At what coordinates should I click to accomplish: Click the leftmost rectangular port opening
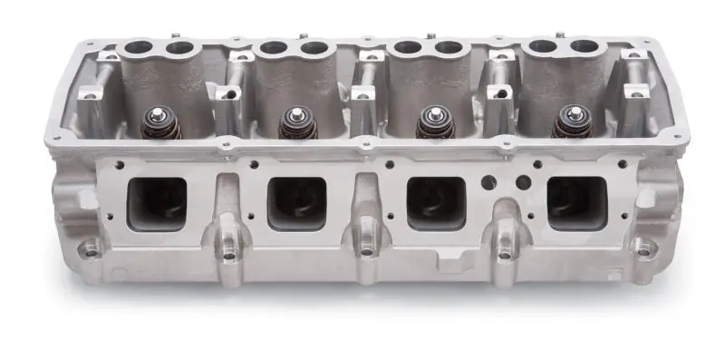159,200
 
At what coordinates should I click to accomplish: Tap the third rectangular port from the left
434,202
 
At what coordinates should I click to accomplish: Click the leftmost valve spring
161,123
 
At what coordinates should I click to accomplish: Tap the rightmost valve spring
570,123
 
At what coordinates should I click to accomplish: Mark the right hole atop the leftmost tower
180,47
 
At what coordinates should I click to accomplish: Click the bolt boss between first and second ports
228,254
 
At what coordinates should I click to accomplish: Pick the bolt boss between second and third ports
366,253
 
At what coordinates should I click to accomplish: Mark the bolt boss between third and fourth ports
503,254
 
